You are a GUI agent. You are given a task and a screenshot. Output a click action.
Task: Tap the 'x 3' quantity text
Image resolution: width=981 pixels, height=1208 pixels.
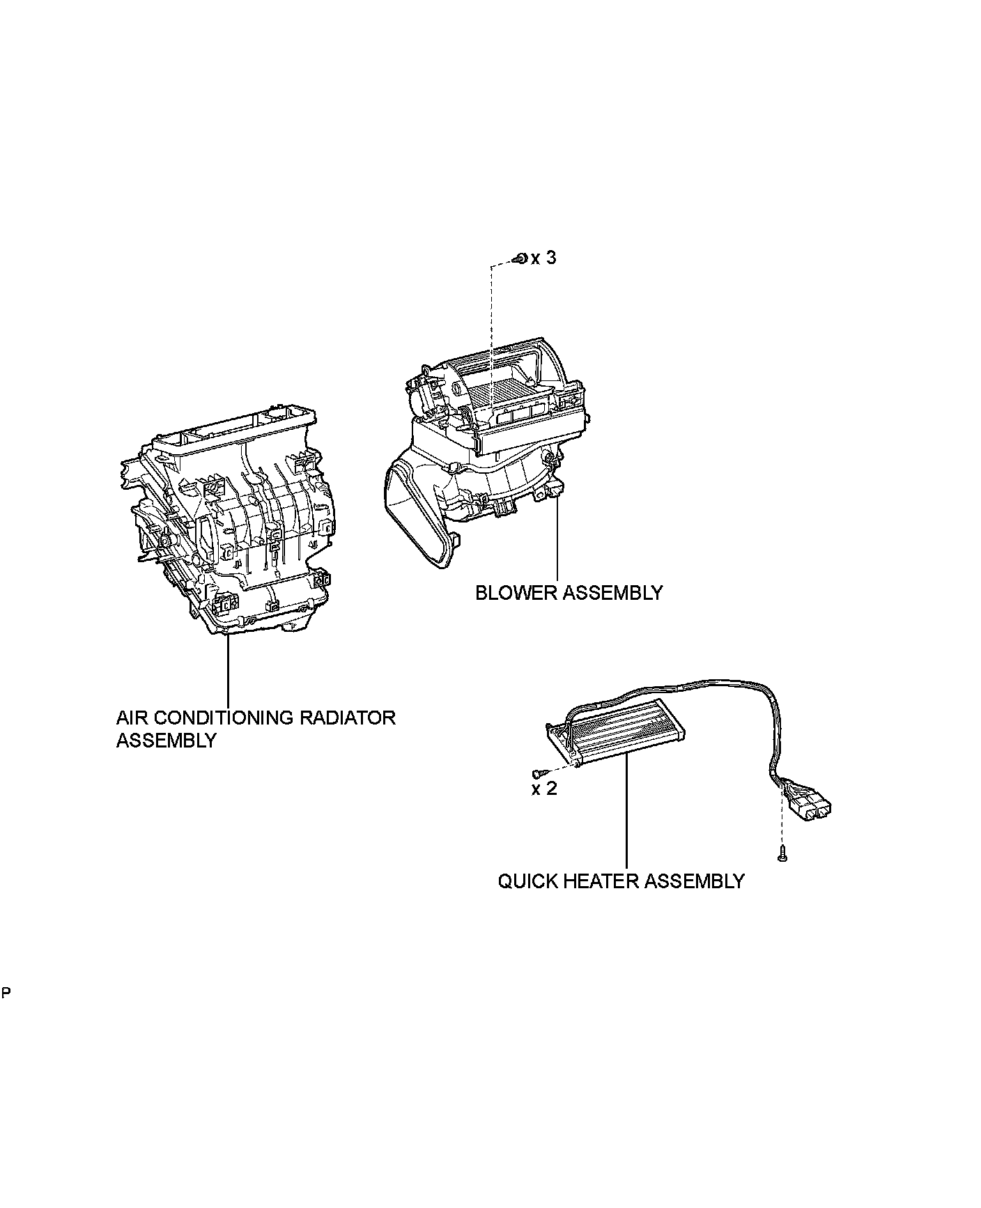pos(544,258)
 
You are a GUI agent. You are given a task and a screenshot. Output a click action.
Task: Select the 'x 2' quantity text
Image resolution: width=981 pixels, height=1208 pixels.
pos(544,789)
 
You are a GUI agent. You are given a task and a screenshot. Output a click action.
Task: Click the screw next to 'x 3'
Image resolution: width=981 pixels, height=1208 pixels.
pos(520,259)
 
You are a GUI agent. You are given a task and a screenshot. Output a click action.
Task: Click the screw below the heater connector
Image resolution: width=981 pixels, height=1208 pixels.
pos(782,852)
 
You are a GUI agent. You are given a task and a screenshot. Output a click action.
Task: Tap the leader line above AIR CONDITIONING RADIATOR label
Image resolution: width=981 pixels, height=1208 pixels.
pos(228,669)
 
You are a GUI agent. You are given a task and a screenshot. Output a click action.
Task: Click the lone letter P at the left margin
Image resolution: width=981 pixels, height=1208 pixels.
pos(6,992)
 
